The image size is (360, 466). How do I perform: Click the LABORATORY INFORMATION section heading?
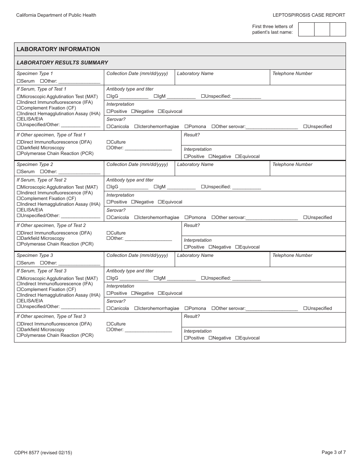(58, 49)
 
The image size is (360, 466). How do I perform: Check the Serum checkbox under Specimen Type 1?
(19, 81)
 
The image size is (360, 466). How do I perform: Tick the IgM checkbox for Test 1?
(156, 96)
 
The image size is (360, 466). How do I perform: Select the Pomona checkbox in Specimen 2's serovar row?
(186, 217)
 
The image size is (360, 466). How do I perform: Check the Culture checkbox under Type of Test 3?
(108, 324)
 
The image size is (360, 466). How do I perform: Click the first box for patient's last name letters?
(306, 29)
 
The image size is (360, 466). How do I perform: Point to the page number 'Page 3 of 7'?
(333, 452)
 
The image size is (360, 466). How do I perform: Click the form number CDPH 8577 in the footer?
(43, 452)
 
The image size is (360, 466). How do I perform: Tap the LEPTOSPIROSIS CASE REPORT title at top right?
(309, 15)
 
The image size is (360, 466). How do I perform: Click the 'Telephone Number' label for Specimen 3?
(292, 255)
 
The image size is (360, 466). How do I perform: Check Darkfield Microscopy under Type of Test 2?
(19, 238)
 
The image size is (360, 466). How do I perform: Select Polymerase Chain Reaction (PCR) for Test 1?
(19, 153)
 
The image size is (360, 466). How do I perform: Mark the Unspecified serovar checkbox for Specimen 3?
(305, 308)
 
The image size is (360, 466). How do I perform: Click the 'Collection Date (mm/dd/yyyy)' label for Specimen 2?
(137, 164)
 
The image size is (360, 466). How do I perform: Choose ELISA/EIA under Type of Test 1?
(19, 119)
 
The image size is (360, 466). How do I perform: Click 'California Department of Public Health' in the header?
(56, 15)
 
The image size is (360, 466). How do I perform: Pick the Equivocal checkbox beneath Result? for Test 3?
(237, 338)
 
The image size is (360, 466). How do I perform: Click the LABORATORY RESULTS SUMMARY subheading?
(62, 63)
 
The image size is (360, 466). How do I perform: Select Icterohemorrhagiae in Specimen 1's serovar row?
(136, 127)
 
